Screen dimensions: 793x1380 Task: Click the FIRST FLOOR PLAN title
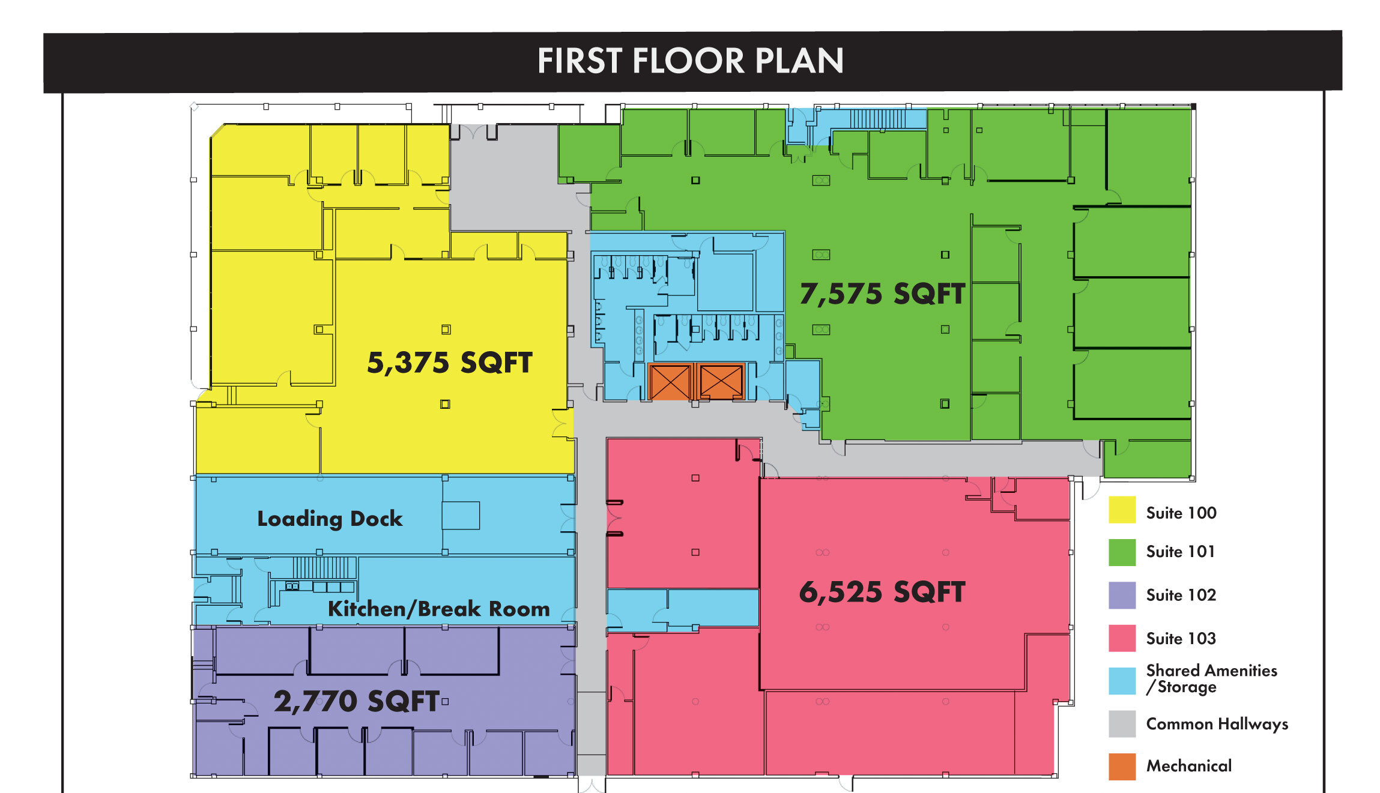(690, 61)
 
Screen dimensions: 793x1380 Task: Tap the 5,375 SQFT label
(449, 363)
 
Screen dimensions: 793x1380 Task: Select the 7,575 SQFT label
(882, 294)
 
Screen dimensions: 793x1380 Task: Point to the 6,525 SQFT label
(882, 592)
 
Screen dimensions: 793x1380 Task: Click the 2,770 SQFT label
(357, 701)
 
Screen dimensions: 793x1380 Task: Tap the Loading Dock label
(330, 519)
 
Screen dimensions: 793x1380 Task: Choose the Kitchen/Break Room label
(438, 609)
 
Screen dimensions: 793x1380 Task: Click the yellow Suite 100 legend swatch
(1122, 510)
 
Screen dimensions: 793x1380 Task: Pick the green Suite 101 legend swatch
(1122, 552)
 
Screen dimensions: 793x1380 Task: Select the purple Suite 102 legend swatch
(1122, 596)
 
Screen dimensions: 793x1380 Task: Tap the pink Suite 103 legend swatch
(1122, 638)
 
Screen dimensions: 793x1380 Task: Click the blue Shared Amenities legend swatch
(1122, 681)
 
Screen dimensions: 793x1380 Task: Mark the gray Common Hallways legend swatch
(1122, 724)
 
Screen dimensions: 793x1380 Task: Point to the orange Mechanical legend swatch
(1122, 767)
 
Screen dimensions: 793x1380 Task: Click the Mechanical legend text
(1188, 766)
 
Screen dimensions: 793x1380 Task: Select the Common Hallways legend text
(1217, 724)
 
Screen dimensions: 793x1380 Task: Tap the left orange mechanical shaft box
(670, 382)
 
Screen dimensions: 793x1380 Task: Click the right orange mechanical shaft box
(721, 382)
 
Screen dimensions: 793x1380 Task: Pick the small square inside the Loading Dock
(461, 516)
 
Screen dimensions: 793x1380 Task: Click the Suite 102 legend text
(1181, 595)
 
